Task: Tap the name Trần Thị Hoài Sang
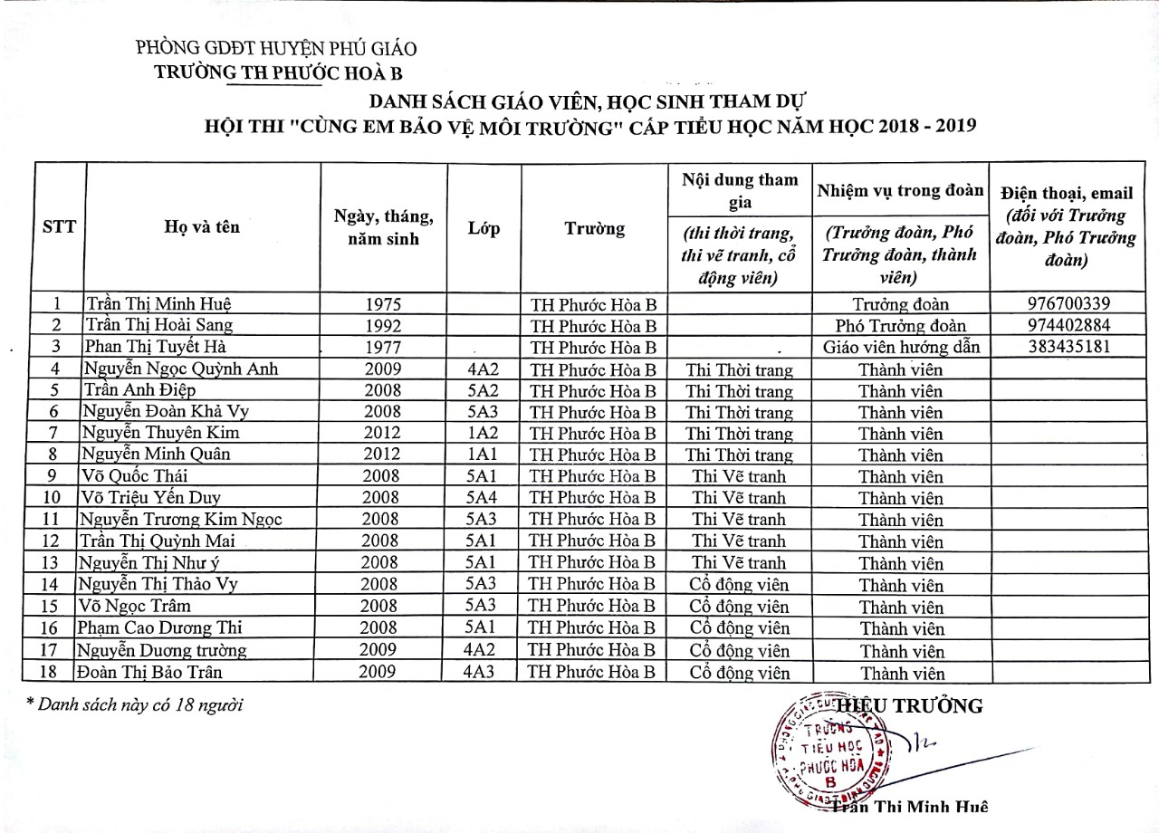click(158, 326)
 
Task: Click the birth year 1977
click(382, 348)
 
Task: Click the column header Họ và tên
click(202, 227)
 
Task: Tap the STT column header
click(60, 227)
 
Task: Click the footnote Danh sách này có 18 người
click(135, 704)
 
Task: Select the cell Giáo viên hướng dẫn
click(900, 348)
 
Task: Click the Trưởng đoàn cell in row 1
click(900, 304)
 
